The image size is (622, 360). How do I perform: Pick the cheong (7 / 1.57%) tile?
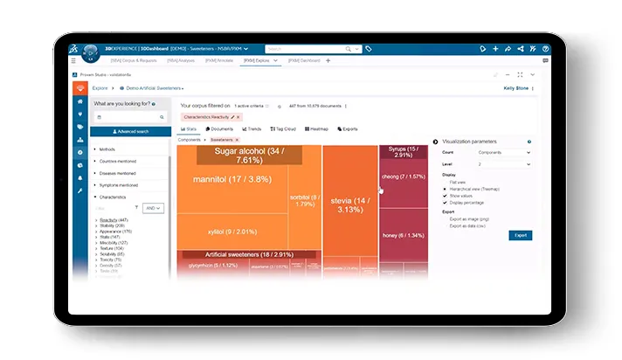tap(402, 177)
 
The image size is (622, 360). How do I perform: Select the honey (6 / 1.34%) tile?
tap(402, 235)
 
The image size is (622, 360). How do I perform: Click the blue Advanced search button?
tap(131, 132)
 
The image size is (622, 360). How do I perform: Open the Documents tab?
tap(220, 128)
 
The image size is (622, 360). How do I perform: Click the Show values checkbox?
tap(446, 197)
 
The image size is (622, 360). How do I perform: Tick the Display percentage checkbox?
tap(446, 204)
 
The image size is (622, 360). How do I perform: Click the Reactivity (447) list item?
tap(114, 219)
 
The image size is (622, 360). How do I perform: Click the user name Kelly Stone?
tap(516, 88)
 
